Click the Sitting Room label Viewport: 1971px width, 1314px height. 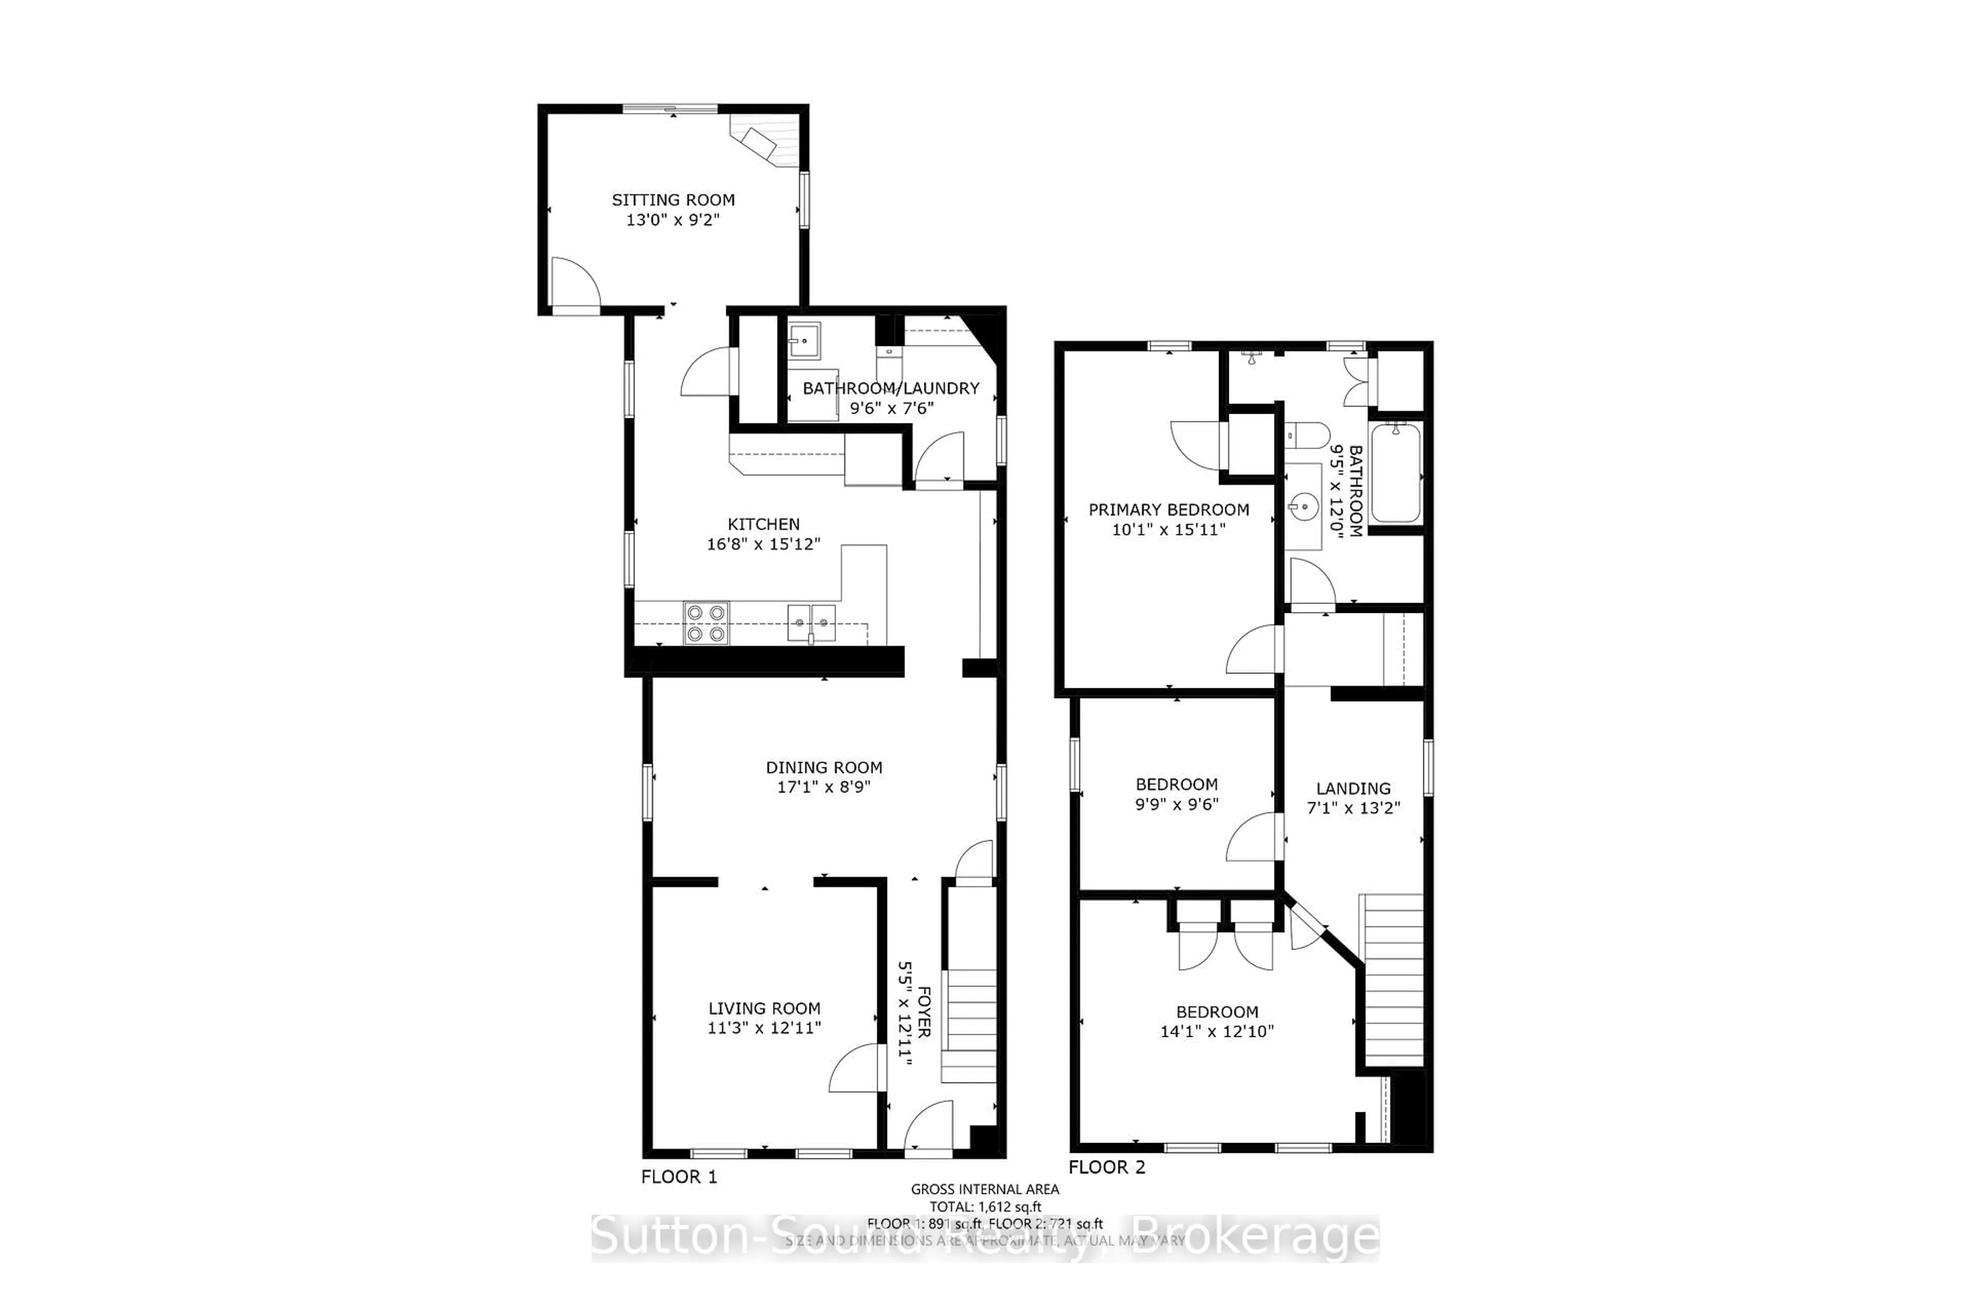(673, 200)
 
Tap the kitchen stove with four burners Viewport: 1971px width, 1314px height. (706, 624)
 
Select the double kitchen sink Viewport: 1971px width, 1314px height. (811, 623)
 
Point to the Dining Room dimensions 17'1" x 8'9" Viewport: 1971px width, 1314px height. (824, 787)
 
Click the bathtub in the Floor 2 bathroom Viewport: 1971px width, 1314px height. (1395, 473)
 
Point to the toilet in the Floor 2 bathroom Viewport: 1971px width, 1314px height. (1307, 434)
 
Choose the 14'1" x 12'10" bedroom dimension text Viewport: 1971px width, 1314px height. (1217, 1032)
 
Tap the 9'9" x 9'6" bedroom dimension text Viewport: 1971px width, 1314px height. (1176, 804)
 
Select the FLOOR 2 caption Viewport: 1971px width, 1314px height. (1106, 1167)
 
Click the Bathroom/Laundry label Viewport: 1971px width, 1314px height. (891, 388)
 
